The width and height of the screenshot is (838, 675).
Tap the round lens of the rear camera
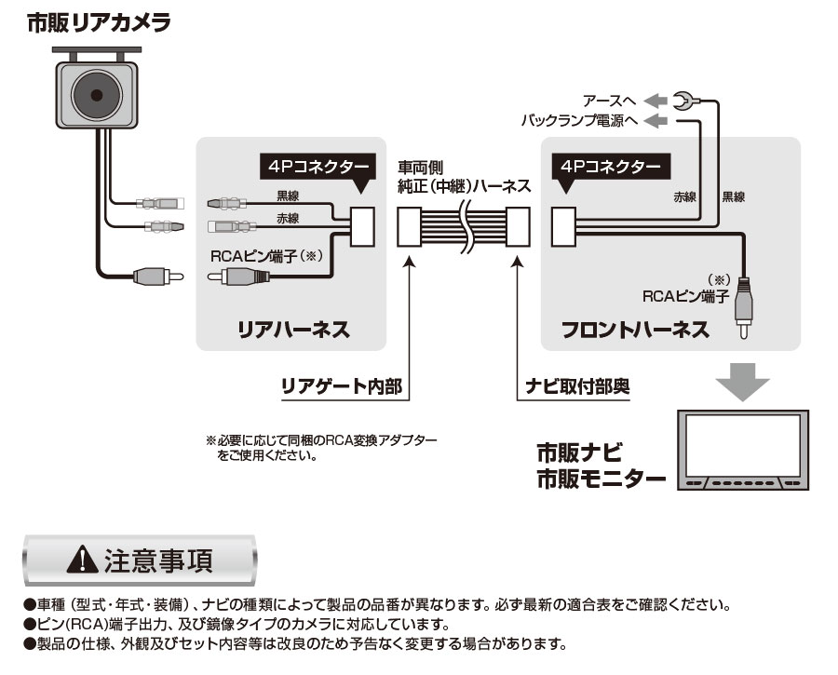click(x=95, y=93)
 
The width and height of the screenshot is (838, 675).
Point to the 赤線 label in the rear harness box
click(x=288, y=219)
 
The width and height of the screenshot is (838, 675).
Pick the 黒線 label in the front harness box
click(x=733, y=197)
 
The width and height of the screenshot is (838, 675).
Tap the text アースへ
click(x=609, y=100)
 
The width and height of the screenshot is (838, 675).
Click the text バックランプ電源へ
click(x=578, y=121)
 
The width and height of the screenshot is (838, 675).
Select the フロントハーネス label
click(x=635, y=330)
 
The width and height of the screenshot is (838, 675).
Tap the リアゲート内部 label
click(x=342, y=385)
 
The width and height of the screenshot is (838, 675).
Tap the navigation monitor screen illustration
click(x=743, y=444)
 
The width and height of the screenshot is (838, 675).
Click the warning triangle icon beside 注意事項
click(x=83, y=559)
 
